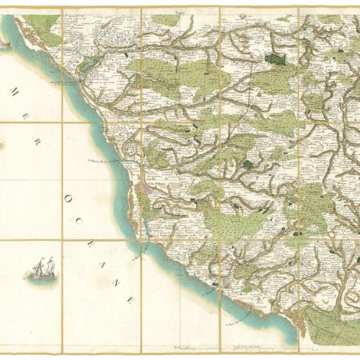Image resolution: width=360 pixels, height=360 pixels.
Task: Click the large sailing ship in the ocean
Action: [x=42, y=266]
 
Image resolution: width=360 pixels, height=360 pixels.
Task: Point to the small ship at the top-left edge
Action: [x=5, y=46]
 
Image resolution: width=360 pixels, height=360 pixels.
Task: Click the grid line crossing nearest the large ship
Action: [x=62, y=240]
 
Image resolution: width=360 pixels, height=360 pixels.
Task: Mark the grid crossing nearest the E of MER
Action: [x=62, y=122]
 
